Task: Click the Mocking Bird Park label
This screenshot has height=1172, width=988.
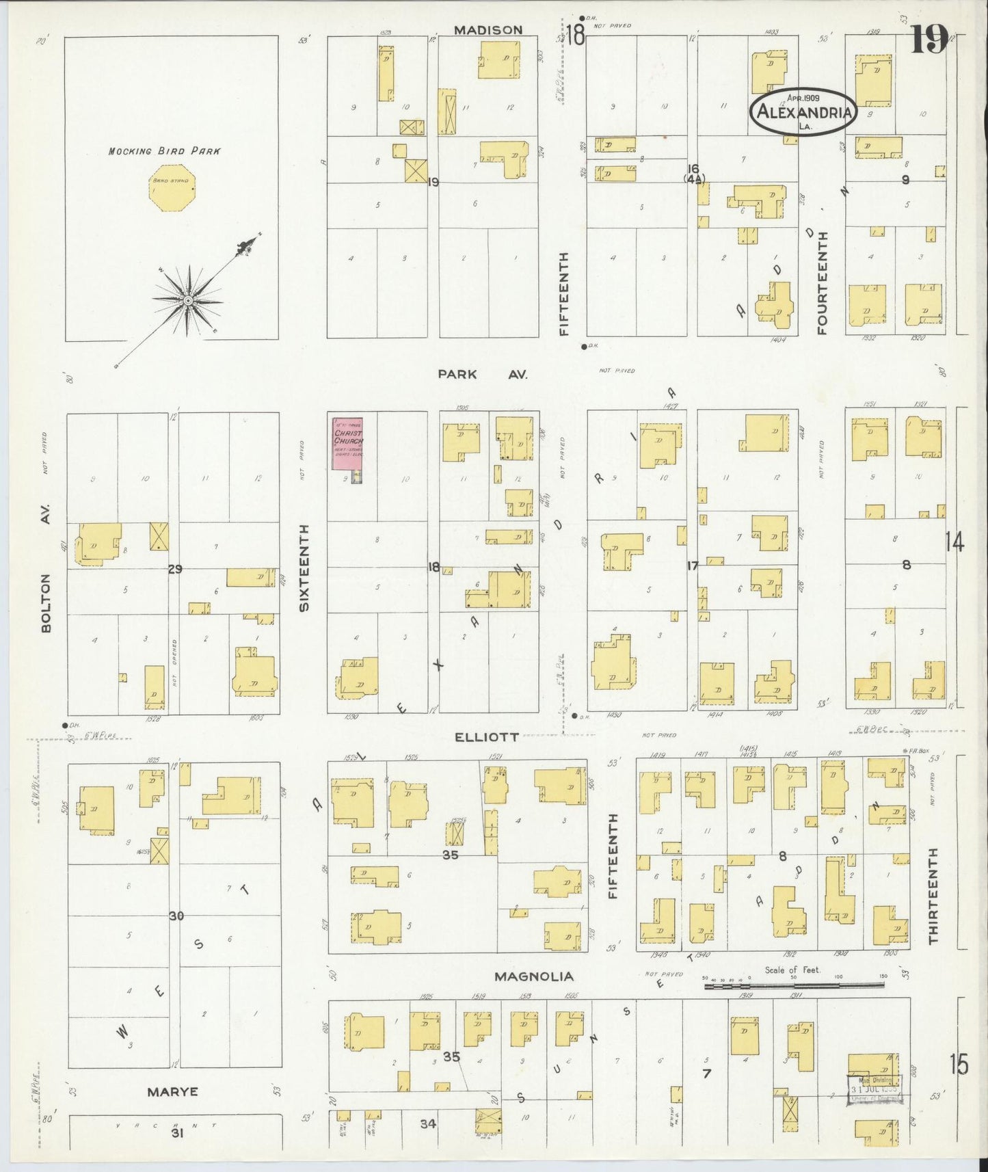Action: (164, 150)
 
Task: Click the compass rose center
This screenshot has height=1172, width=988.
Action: (187, 300)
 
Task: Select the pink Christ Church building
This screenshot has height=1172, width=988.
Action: (347, 444)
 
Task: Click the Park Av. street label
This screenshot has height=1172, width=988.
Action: (483, 375)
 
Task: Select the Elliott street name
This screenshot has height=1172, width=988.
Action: (485, 737)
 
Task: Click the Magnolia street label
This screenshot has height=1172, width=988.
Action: (533, 976)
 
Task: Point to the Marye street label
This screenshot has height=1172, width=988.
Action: (172, 1092)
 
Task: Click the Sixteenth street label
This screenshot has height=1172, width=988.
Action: (305, 568)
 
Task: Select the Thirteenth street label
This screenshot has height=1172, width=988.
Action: (933, 896)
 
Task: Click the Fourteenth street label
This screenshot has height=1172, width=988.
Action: (822, 282)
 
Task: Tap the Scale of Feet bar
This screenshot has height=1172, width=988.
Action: (793, 984)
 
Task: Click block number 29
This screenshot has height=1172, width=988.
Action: (175, 568)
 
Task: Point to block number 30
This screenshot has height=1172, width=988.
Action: (176, 916)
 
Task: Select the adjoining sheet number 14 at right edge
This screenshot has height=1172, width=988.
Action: (954, 543)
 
